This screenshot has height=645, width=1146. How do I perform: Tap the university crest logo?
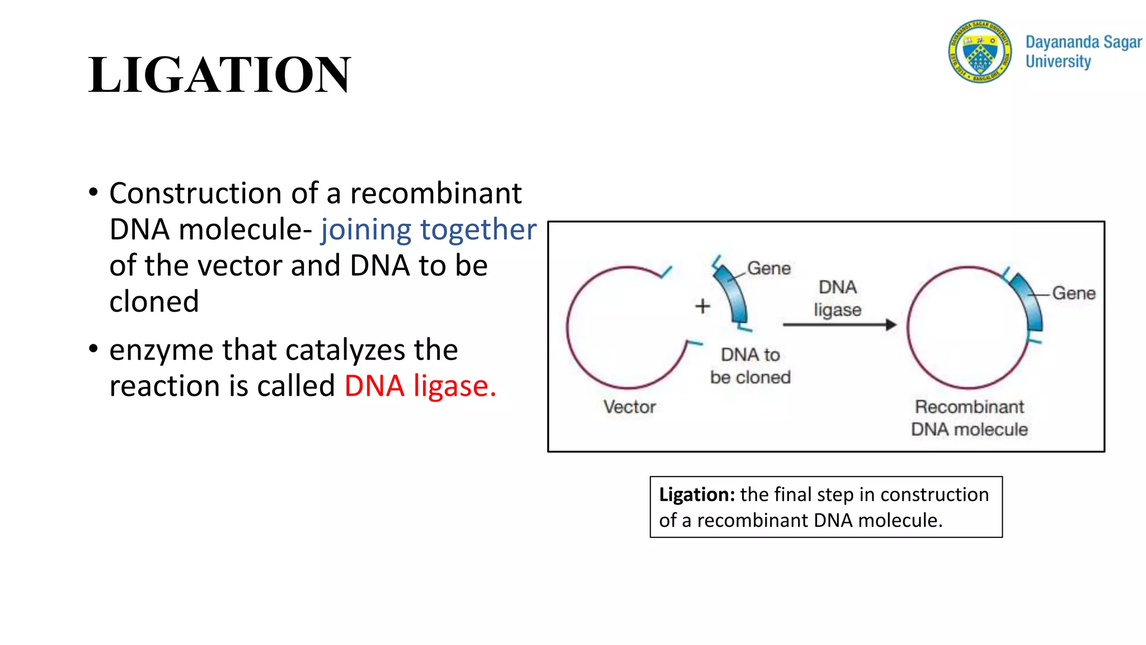pos(980,51)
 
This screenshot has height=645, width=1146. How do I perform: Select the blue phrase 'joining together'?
pos(428,230)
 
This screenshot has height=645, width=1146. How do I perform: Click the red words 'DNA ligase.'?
pos(420,386)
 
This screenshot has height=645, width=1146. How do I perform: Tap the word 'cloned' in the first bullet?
pos(154,302)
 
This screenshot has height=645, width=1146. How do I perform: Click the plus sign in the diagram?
pos(702,306)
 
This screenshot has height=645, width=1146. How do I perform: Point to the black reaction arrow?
pos(839,325)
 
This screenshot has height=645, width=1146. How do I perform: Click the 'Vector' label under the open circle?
pos(630,407)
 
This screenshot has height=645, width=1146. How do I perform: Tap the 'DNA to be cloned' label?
pos(750,366)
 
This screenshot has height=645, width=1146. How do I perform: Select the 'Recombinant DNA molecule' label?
pos(969,418)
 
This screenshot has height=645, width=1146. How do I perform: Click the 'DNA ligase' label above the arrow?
pos(838,298)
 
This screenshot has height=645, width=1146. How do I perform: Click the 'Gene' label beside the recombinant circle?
pos(1073,293)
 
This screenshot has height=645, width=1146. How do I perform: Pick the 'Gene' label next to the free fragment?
pos(769,269)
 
